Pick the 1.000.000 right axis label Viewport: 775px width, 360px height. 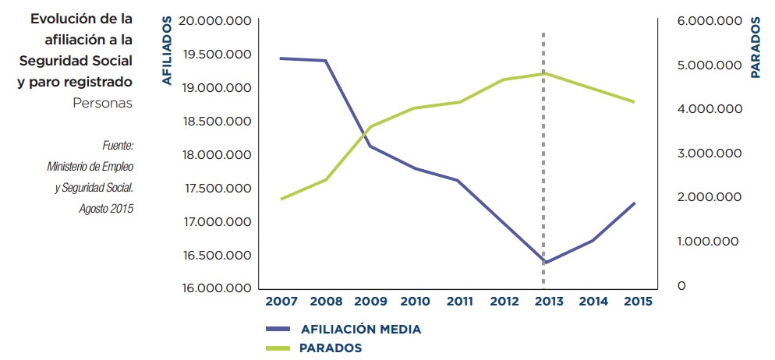point(709,242)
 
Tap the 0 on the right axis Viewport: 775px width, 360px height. point(681,286)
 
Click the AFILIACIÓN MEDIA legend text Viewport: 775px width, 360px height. point(360,330)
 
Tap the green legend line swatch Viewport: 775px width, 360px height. point(276,348)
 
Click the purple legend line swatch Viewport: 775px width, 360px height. point(276,330)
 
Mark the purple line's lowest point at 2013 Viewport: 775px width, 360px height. point(543,263)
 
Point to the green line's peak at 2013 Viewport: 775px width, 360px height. point(543,73)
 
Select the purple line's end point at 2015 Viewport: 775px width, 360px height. point(635,203)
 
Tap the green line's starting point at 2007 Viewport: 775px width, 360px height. point(281,199)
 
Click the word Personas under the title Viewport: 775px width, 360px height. point(101,102)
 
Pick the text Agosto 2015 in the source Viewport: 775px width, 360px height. point(106,208)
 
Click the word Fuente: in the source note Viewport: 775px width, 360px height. point(118,146)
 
